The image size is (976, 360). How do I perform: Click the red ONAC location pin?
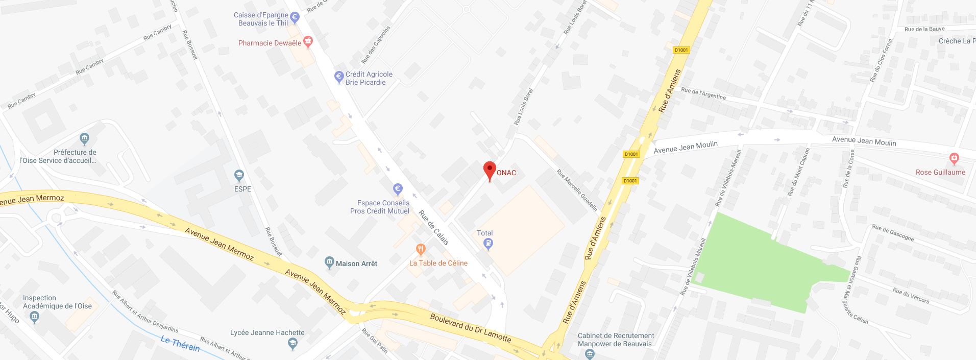coord(490,171)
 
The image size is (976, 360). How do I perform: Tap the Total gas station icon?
coord(489,244)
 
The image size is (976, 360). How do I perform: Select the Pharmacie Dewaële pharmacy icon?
coord(308,41)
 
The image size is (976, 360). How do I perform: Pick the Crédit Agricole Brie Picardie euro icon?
coord(338,77)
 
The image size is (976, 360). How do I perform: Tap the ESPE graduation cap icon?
coord(239,176)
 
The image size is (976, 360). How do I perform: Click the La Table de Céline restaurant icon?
coord(421,250)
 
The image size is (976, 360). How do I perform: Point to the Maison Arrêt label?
coord(356,263)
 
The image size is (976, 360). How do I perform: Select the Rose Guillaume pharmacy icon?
coord(954,158)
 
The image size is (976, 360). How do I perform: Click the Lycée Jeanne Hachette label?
coord(267,332)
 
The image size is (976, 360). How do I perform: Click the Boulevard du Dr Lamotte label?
coord(470,327)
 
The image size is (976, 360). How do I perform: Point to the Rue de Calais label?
coord(433,228)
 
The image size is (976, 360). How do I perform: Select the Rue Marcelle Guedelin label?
coord(577,190)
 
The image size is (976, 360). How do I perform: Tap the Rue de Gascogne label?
coord(893,232)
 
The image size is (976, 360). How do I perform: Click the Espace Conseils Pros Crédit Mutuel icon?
coord(398,189)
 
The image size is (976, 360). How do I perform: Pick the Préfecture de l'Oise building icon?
coord(85,138)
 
